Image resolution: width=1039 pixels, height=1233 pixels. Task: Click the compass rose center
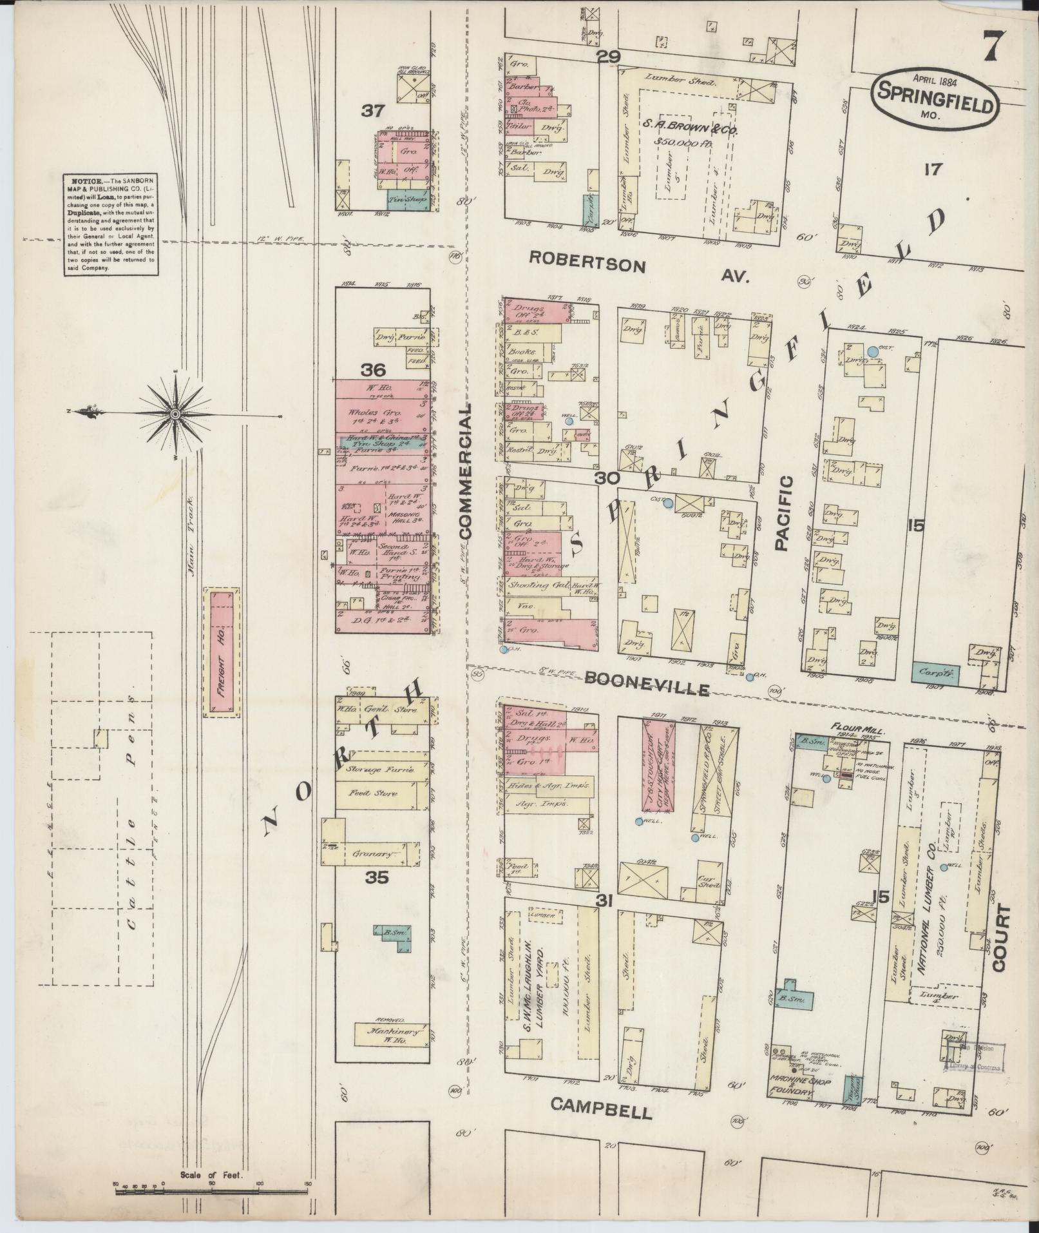click(175, 413)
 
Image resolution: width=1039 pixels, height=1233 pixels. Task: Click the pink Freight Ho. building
click(222, 652)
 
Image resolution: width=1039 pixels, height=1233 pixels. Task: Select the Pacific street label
click(781, 513)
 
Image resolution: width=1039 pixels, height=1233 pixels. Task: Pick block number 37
click(372, 112)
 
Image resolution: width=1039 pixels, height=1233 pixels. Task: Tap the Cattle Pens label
click(133, 814)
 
